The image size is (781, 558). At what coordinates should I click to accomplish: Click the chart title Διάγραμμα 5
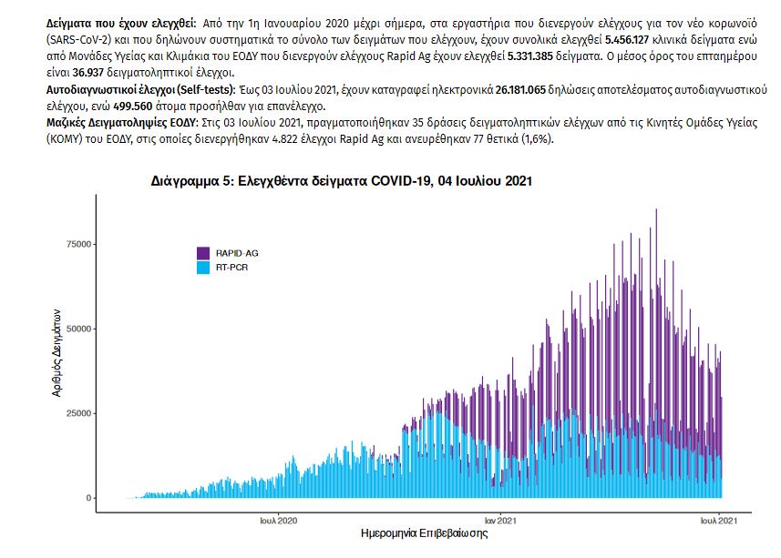tap(341, 182)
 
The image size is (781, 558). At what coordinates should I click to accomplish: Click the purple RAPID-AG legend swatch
tap(204, 252)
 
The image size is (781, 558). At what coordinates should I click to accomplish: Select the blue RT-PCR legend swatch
tap(204, 268)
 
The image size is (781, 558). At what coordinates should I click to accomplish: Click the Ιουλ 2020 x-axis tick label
tap(279, 521)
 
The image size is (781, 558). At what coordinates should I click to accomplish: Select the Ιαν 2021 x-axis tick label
tap(502, 521)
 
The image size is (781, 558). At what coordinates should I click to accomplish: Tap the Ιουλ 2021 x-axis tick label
tap(719, 521)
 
